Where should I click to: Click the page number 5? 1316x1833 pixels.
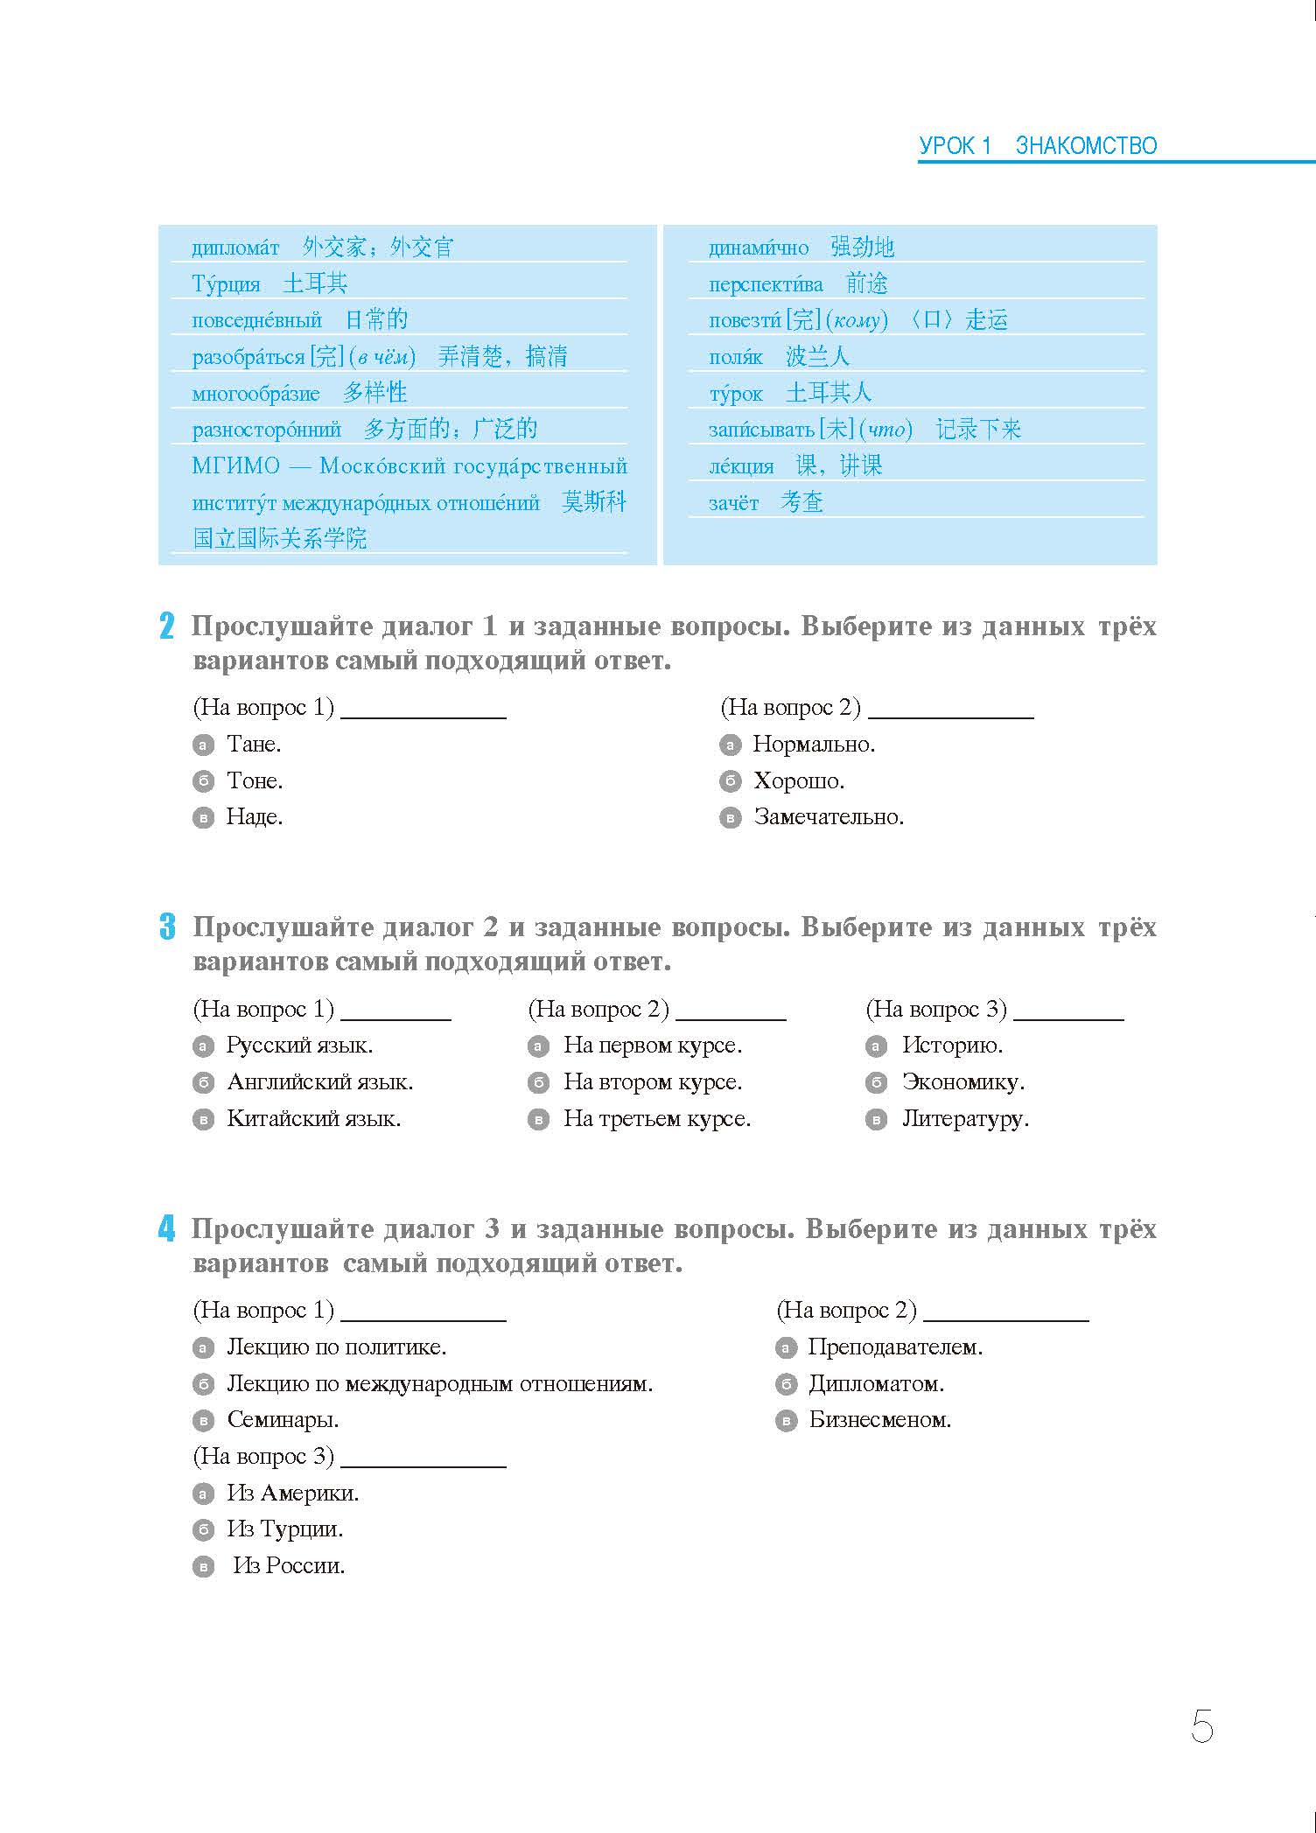pyautogui.click(x=1201, y=1727)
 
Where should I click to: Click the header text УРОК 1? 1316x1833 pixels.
pyautogui.click(x=955, y=146)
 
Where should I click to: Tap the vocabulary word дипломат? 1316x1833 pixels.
pyautogui.click(x=235, y=248)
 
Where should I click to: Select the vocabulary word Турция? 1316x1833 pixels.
pyautogui.click(x=226, y=284)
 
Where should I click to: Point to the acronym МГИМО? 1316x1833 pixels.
pyautogui.click(x=235, y=466)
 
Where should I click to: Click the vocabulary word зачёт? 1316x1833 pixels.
pyautogui.click(x=733, y=503)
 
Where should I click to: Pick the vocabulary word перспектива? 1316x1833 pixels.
pyautogui.click(x=766, y=285)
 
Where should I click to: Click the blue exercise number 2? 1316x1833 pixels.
pyautogui.click(x=167, y=627)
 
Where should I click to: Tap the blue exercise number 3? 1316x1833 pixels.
pyautogui.click(x=167, y=927)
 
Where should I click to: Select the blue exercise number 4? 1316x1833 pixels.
pyautogui.click(x=167, y=1229)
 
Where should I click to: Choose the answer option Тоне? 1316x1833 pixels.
pyautogui.click(x=255, y=780)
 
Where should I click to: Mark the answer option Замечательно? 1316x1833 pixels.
pyautogui.click(x=829, y=817)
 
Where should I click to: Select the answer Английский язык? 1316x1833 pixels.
pyautogui.click(x=319, y=1082)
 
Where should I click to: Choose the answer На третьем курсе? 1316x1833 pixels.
pyautogui.click(x=657, y=1119)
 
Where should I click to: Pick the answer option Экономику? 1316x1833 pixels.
pyautogui.click(x=963, y=1082)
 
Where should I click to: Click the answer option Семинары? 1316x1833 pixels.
pyautogui.click(x=283, y=1420)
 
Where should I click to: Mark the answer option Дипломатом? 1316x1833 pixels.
pyautogui.click(x=876, y=1384)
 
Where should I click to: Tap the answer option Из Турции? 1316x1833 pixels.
pyautogui.click(x=285, y=1529)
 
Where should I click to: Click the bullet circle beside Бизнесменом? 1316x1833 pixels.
pyautogui.click(x=786, y=1421)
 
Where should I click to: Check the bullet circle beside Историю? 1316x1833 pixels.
pyautogui.click(x=876, y=1046)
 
